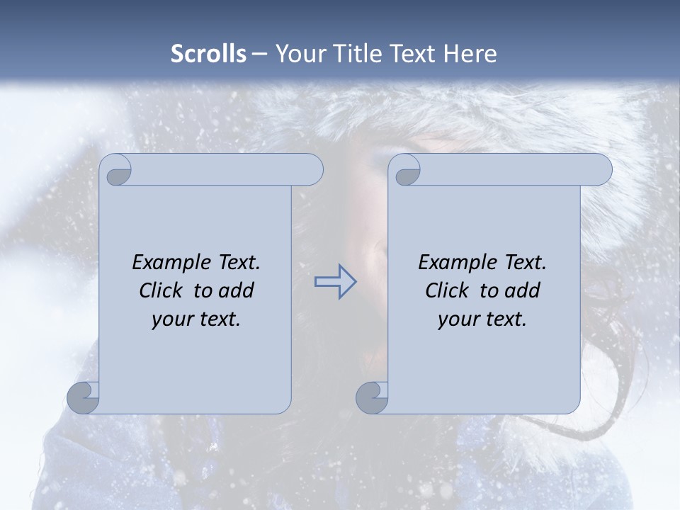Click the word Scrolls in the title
tap(208, 54)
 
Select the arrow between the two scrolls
tap(336, 282)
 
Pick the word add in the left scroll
tap(237, 290)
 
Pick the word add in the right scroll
tap(523, 290)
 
